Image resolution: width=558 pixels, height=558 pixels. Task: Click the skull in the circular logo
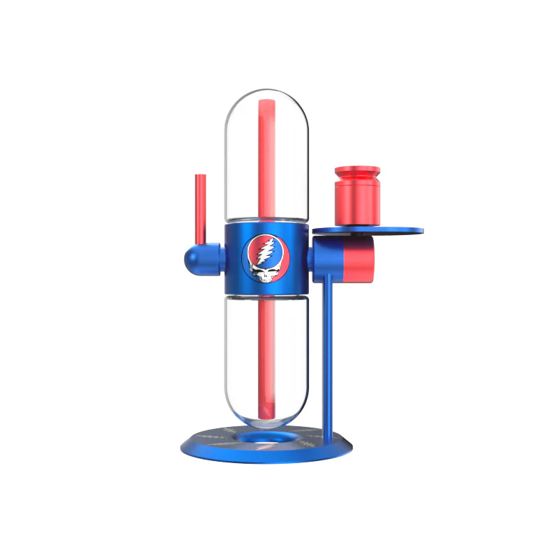264,273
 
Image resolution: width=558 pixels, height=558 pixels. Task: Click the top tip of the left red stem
200,176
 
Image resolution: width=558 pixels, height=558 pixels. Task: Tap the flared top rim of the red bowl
357,170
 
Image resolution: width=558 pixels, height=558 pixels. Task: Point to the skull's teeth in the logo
263,280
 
